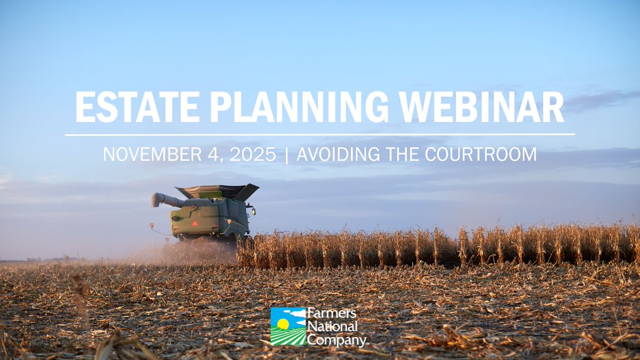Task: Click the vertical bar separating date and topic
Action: pos(286,154)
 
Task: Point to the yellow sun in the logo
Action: pos(283,324)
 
